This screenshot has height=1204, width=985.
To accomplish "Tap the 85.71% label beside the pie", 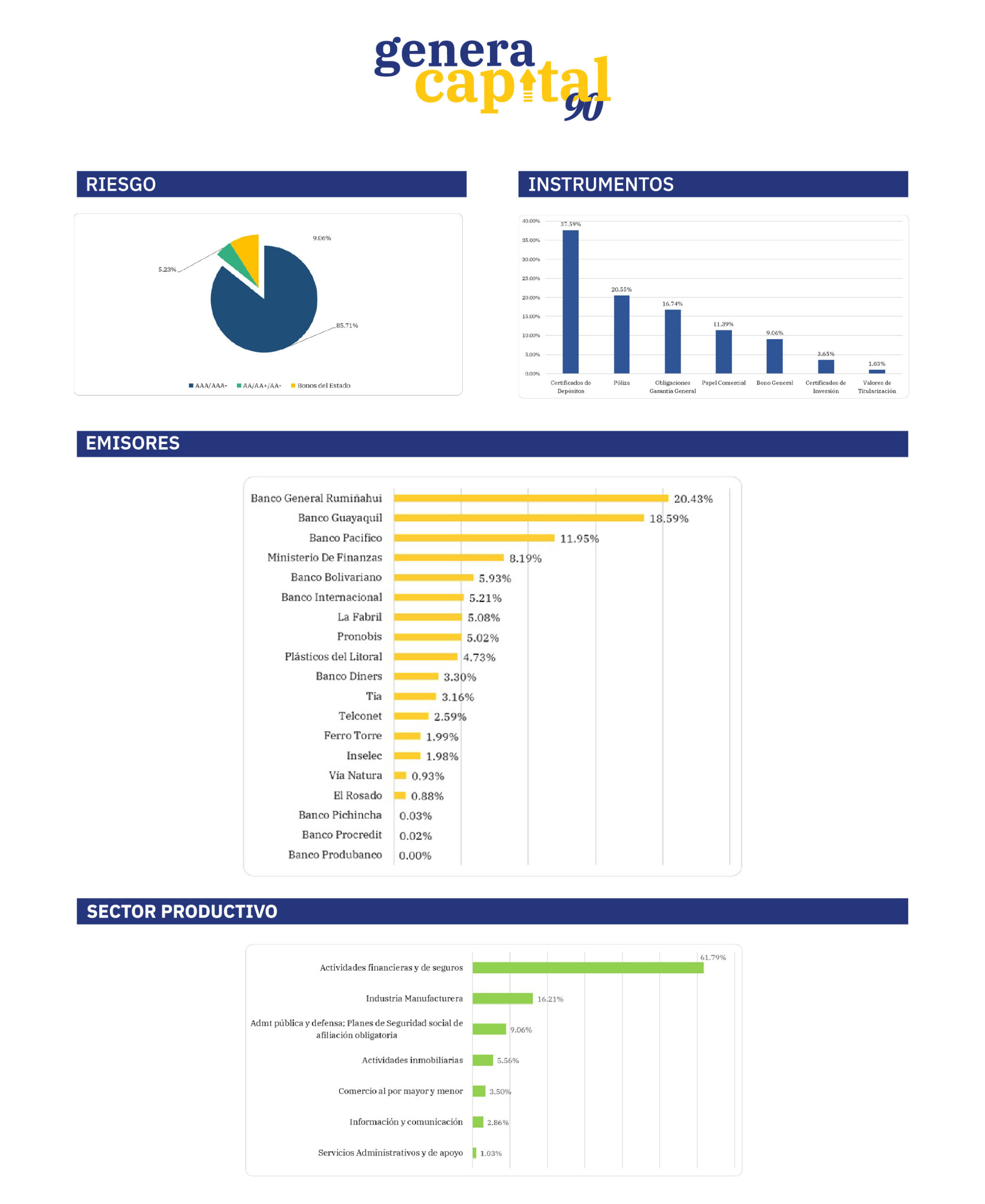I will (347, 325).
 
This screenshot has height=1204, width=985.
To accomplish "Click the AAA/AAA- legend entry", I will (208, 386).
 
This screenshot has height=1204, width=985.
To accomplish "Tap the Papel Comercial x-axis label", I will (724, 383).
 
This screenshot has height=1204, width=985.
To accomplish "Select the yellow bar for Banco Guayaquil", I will (519, 518).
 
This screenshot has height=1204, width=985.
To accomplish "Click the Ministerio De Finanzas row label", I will (324, 557).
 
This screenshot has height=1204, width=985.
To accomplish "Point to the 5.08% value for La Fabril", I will (483, 618).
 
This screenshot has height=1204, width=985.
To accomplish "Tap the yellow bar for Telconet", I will (411, 716).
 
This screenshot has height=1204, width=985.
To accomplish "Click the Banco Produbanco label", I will (335, 855).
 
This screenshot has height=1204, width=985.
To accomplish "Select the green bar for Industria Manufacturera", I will (502, 998).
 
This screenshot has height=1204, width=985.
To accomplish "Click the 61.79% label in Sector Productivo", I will (713, 957).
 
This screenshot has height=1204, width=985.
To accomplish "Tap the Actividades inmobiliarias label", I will (412, 1060).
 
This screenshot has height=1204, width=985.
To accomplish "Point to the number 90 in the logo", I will (583, 107).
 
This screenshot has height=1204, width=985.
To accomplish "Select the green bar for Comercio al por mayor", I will (479, 1091).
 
